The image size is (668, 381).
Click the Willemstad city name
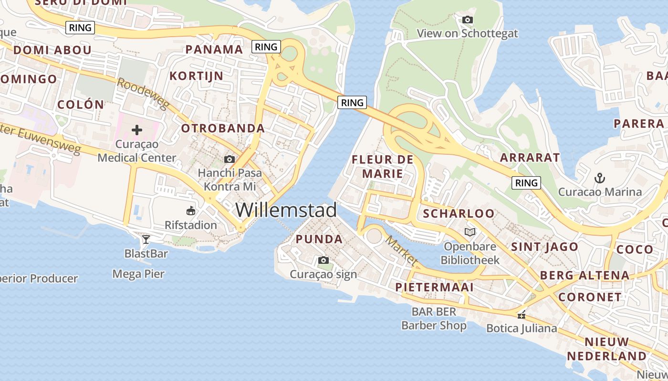point(286,210)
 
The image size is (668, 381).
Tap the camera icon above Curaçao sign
point(323,260)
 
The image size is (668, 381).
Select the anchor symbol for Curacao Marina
point(600,178)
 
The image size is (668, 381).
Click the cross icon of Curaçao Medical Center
point(137,130)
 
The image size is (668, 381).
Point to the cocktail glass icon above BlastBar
point(146,239)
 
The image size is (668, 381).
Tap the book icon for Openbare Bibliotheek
point(470,232)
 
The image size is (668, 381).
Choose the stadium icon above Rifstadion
point(191,210)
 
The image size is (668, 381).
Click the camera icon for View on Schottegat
point(467,20)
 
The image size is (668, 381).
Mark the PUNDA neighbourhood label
point(319,239)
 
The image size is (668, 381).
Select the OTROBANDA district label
point(223,128)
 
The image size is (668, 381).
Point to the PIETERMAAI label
point(435,287)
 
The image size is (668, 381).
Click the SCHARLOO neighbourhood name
point(459,213)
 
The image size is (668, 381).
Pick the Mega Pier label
point(138,274)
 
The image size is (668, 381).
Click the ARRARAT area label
point(530,157)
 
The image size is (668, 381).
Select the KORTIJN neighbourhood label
point(197,76)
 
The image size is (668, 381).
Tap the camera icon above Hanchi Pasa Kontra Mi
point(230,159)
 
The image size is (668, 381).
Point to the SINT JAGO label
point(545,247)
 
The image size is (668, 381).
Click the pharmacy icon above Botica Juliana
point(522,314)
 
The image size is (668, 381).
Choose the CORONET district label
point(590,297)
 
